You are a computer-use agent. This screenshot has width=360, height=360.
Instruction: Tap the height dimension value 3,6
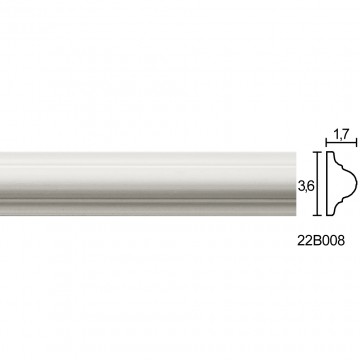pyautogui.click(x=305, y=187)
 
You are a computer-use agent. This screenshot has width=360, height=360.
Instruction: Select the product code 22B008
pyautogui.click(x=320, y=240)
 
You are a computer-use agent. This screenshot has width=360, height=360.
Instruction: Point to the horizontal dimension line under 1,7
pyautogui.click(x=341, y=143)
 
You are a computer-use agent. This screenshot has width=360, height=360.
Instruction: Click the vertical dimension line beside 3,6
pyautogui.click(x=317, y=184)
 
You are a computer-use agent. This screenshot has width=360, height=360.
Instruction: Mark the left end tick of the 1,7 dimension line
pyautogui.click(x=326, y=143)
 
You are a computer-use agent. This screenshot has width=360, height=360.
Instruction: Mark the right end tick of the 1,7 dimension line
pyautogui.click(x=357, y=143)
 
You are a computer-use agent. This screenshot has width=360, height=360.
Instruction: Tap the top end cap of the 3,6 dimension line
pyautogui.click(x=317, y=152)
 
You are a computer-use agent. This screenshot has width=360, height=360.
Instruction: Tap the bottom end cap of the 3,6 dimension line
pyautogui.click(x=317, y=215)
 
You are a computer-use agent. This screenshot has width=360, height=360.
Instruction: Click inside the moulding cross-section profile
pyautogui.click(x=338, y=183)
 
